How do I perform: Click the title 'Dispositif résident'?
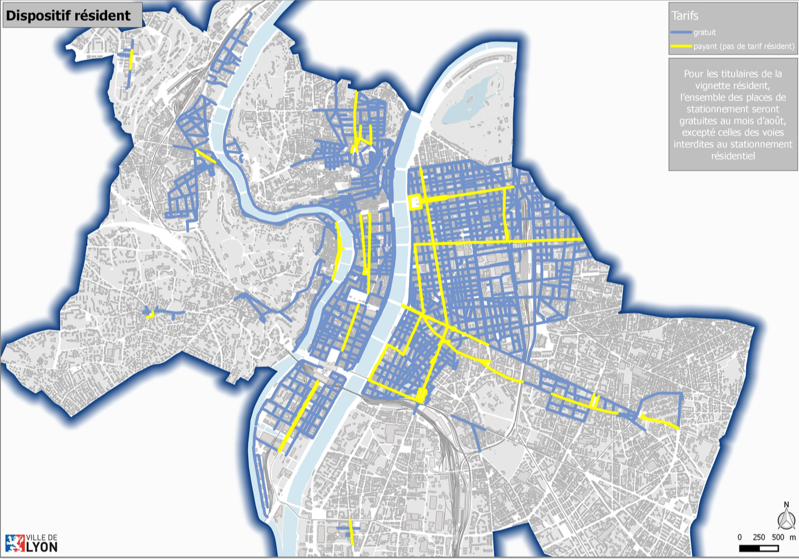point(68,15)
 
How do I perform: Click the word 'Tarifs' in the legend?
point(685,16)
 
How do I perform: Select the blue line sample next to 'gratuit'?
point(681,32)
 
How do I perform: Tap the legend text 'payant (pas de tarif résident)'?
point(744,46)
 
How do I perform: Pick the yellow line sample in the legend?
point(681,46)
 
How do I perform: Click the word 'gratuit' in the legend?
point(705,32)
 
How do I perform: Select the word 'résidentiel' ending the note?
point(733,156)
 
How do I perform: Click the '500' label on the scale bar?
point(778,537)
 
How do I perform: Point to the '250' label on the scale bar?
point(759,537)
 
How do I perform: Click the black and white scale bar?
point(759,548)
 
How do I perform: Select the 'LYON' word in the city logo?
point(41,547)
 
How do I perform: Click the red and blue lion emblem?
point(15,543)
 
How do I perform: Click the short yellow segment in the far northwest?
point(131,60)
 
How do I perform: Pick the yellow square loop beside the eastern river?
point(414,202)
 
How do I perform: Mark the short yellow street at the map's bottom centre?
point(351,531)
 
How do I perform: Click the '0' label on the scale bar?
point(739,537)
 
